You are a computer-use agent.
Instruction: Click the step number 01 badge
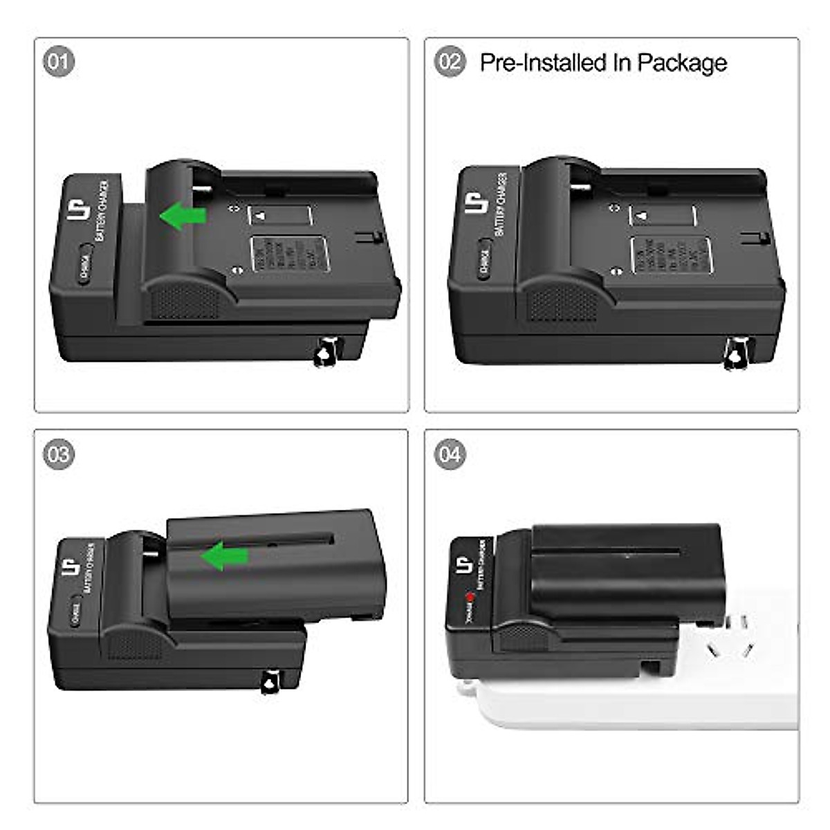(59, 62)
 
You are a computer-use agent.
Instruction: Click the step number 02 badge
(450, 62)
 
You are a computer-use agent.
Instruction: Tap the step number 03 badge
(59, 454)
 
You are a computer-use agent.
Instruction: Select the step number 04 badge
(450, 454)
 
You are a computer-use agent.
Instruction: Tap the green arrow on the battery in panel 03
(225, 555)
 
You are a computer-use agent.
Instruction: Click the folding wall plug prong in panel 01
(326, 351)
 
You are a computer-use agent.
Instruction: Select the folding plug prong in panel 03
(269, 681)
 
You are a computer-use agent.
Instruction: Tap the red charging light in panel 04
(470, 597)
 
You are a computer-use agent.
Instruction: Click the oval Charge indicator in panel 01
(84, 264)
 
